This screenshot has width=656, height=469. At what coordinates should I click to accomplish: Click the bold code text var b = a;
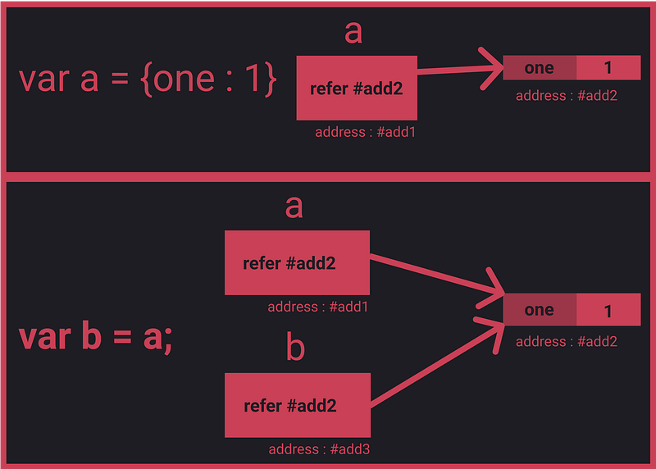pyautogui.click(x=95, y=337)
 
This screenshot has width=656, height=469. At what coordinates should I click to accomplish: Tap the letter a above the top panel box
pyautogui.click(x=353, y=32)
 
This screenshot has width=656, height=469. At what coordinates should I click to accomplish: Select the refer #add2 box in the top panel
pyautogui.click(x=357, y=88)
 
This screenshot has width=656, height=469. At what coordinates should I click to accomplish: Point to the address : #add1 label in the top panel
pyautogui.click(x=365, y=132)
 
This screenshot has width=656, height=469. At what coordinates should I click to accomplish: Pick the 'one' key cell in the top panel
pyautogui.click(x=540, y=67)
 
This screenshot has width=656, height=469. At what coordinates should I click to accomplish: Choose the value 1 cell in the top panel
pyautogui.click(x=608, y=67)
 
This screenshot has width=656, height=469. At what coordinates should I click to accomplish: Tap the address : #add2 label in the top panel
pyautogui.click(x=567, y=96)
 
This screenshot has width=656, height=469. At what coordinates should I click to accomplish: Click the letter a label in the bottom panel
pyautogui.click(x=294, y=207)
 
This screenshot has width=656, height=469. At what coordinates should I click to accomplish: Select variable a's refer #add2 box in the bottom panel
pyautogui.click(x=297, y=262)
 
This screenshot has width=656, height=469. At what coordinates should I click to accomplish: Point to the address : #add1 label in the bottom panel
pyautogui.click(x=318, y=307)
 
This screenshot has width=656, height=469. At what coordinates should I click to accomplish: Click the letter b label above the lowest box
pyautogui.click(x=295, y=346)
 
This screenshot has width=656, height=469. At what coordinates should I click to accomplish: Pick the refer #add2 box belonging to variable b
pyautogui.click(x=298, y=405)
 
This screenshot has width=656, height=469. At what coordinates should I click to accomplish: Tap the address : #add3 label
pyautogui.click(x=319, y=449)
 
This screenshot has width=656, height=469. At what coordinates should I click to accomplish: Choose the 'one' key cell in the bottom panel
pyautogui.click(x=540, y=310)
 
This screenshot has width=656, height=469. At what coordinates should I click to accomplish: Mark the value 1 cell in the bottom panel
pyautogui.click(x=608, y=310)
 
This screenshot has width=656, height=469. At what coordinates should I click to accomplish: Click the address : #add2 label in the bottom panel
pyautogui.click(x=567, y=342)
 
